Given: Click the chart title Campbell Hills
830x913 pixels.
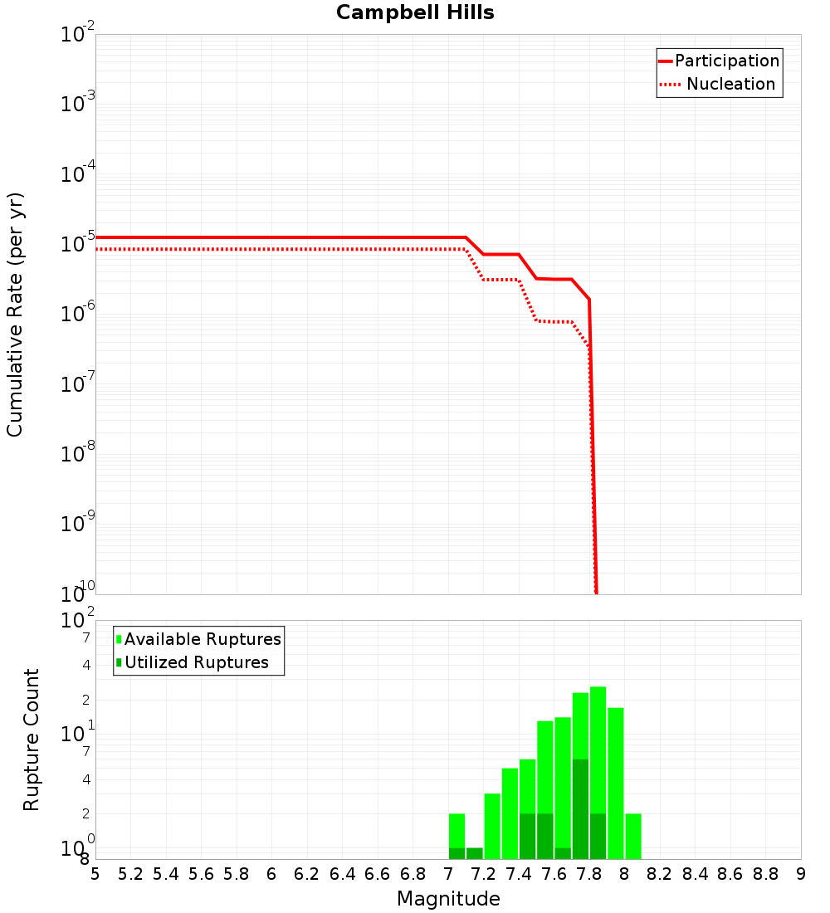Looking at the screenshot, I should click(415, 12).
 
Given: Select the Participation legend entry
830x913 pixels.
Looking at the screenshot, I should click(726, 61).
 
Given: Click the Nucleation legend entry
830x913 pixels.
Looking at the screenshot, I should click(730, 84).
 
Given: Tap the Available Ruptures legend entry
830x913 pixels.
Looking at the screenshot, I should click(203, 639).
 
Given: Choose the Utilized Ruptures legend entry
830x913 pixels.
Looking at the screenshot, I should click(196, 662).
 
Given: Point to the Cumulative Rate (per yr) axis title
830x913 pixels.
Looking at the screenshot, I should click(15, 315).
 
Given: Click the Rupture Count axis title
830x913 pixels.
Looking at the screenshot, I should click(32, 740).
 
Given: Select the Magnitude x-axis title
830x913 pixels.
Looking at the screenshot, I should click(448, 899).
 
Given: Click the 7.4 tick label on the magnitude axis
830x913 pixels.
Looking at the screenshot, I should click(519, 874).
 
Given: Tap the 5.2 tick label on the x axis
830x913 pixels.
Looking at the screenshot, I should click(130, 874).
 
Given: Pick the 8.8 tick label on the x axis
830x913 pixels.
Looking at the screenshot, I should click(765, 874).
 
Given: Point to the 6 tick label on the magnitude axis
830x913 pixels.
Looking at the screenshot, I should click(271, 874).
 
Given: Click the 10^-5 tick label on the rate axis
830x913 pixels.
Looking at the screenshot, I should click(78, 243).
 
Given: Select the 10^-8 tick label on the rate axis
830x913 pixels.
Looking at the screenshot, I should click(78, 453).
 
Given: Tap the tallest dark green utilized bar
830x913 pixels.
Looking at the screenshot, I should click(580, 809).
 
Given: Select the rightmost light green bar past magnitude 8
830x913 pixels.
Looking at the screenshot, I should click(633, 837).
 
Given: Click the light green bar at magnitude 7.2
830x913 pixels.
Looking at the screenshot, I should click(492, 827).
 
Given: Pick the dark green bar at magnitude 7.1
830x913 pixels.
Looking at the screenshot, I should click(475, 853).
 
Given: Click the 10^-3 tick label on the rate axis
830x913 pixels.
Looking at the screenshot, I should click(78, 103).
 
